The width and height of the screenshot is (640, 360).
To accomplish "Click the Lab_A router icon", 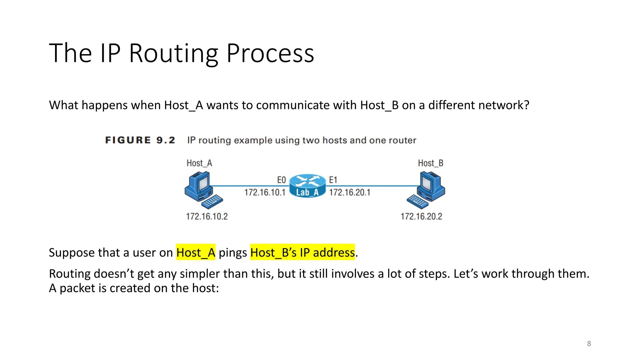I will point(307,186).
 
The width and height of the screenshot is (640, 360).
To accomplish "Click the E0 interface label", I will point(281,180).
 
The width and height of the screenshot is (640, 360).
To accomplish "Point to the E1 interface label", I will point(333,180).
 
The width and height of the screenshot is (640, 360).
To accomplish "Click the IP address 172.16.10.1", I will point(265,192).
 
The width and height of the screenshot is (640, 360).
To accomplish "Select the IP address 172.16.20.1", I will point(350,192).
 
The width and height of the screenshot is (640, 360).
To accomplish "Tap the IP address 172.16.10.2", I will point(207,216).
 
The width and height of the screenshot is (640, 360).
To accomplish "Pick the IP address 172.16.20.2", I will point(421,216).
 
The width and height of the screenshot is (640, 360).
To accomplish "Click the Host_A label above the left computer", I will point(199,163).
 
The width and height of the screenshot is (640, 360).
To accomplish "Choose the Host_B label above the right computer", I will point(431,163).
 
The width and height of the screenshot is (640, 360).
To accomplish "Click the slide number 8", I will point(589,343).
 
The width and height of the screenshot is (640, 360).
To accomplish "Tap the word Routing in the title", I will point(173,54).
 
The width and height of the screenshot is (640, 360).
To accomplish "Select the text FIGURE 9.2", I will point(140,140).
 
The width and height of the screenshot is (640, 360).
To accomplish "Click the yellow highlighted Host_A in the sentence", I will point(196,252).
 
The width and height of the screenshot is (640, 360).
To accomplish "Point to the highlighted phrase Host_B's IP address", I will point(302,252).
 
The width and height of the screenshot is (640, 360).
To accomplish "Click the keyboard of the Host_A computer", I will point(212,202).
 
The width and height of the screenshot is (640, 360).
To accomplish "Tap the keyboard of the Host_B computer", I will point(417,202).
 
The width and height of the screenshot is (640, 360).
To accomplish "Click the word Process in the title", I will point(270,54).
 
